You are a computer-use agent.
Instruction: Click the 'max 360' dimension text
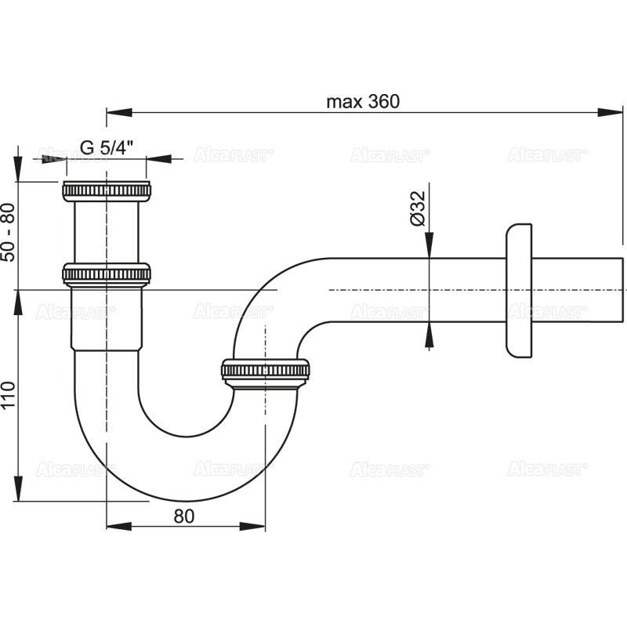click(363, 102)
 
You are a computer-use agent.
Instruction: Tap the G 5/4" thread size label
click(107, 147)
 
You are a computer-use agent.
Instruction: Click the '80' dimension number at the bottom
click(185, 515)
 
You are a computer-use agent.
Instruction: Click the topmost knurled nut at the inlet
click(106, 190)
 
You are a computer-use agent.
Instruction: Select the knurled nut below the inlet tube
click(106, 274)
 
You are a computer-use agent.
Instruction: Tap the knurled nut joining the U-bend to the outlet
click(266, 370)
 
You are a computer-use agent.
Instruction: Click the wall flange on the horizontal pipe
click(519, 289)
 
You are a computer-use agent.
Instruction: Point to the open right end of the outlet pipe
click(622, 289)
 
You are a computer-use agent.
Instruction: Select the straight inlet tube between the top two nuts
click(106, 231)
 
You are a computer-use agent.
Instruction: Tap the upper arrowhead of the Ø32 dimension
click(429, 247)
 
